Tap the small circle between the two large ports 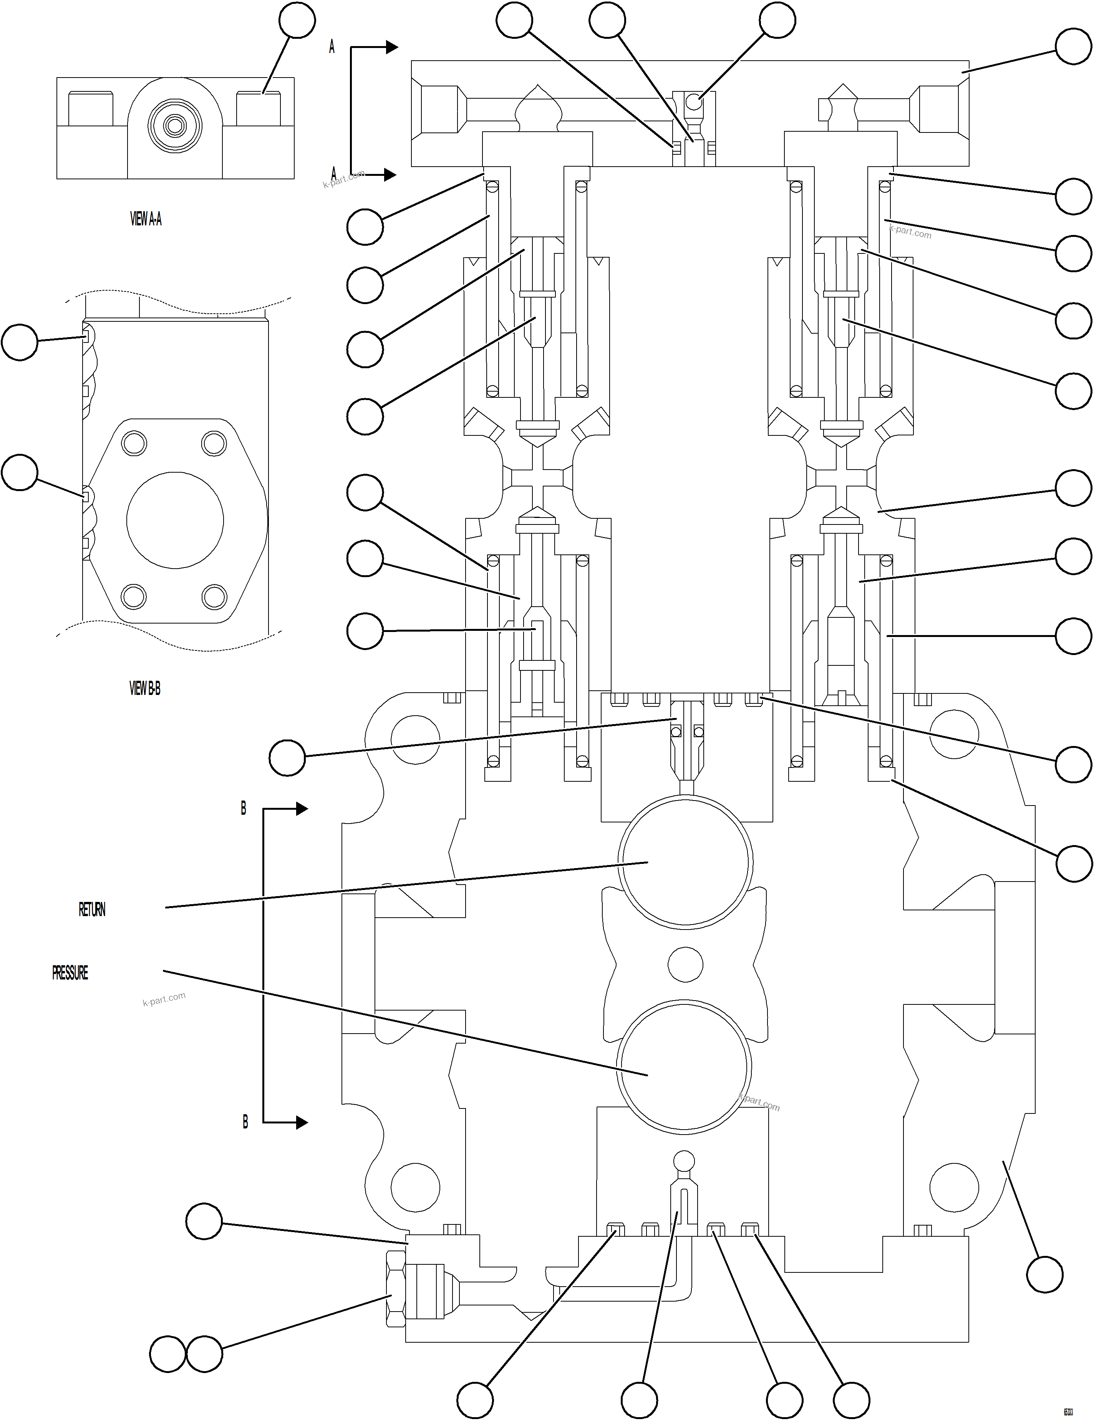point(685,964)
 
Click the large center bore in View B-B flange point(175,521)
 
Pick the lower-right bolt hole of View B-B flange point(214,596)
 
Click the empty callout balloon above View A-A point(297,20)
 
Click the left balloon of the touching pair point(168,1355)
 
